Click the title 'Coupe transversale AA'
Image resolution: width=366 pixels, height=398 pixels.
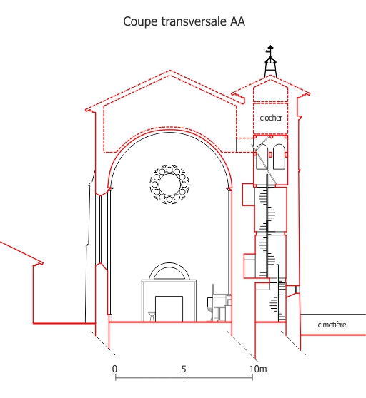[x=184, y=21]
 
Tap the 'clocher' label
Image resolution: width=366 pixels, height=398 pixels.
[x=271, y=118]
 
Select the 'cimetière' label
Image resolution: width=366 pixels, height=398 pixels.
[x=332, y=325]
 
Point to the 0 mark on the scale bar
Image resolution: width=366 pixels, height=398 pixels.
[x=115, y=369]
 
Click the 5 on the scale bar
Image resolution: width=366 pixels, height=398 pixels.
[x=184, y=369]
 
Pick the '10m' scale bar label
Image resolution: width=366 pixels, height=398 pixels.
[x=258, y=369]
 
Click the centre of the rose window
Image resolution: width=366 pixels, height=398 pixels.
[x=169, y=185]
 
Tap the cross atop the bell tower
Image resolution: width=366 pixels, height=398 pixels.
[x=270, y=51]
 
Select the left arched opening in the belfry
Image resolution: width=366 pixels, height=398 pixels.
[x=262, y=157]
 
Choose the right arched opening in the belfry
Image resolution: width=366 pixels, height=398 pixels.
[x=279, y=157]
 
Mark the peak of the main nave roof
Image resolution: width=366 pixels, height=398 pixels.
[x=169, y=71]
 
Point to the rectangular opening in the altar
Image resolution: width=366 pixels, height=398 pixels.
[x=169, y=309]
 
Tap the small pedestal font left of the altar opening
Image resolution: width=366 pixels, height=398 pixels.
[x=152, y=317]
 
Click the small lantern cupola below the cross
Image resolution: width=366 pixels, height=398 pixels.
[x=270, y=66]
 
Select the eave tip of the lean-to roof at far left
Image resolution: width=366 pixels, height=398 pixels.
[x=42, y=263]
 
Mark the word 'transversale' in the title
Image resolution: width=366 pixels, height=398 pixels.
[x=194, y=21]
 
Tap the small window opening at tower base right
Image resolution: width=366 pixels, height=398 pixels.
[x=297, y=289]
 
